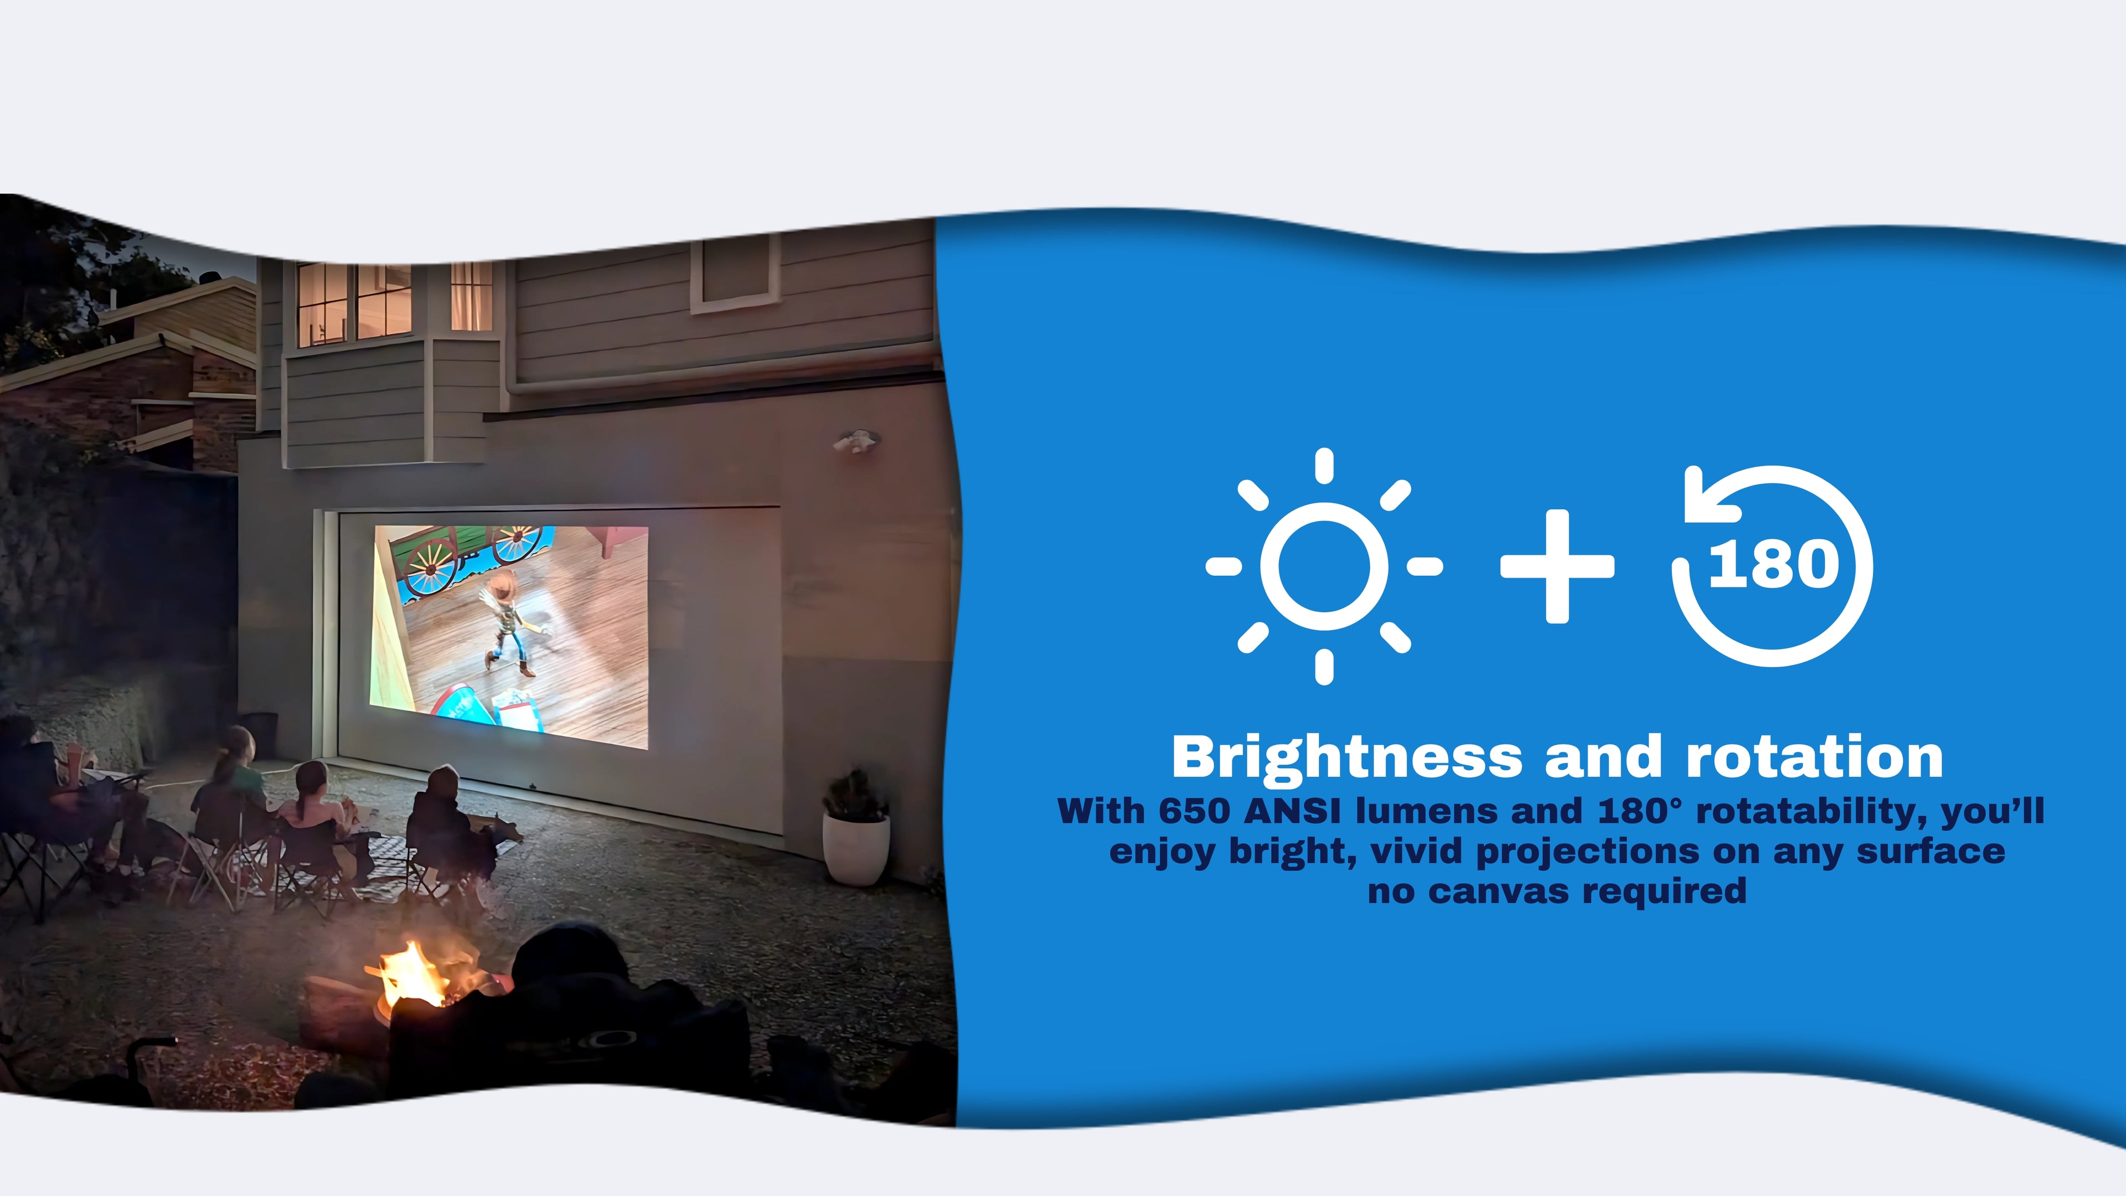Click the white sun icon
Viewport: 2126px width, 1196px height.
click(1324, 566)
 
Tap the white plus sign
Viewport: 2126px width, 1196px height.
click(1556, 566)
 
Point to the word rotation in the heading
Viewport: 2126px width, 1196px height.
click(1814, 757)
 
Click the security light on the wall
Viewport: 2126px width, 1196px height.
click(856, 442)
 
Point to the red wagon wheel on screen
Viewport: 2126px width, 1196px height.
click(429, 567)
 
